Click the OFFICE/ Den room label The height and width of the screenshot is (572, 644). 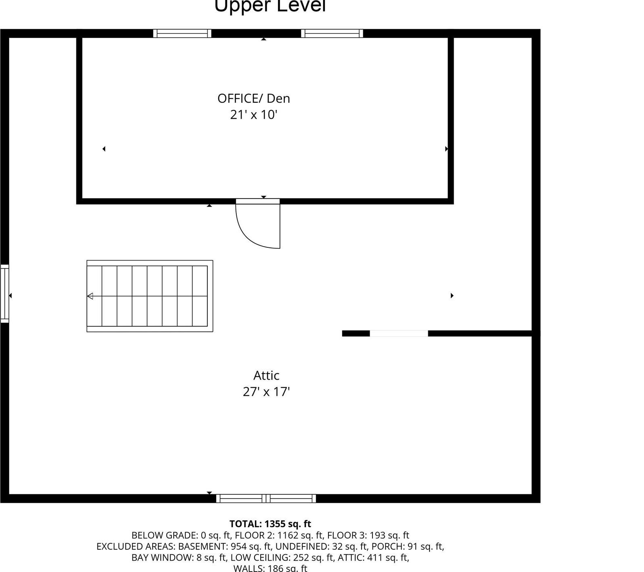click(x=254, y=99)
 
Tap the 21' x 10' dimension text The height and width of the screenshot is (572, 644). click(x=254, y=115)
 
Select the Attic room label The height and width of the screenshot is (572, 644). click(x=266, y=376)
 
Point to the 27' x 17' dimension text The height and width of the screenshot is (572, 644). click(x=266, y=392)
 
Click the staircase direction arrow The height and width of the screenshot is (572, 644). click(x=90, y=296)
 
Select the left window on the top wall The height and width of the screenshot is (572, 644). click(x=182, y=34)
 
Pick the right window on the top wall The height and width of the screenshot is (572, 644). click(x=332, y=34)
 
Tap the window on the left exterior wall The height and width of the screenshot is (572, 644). click(x=4, y=293)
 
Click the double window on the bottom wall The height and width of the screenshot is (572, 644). click(x=266, y=498)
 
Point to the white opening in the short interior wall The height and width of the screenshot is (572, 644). click(x=399, y=333)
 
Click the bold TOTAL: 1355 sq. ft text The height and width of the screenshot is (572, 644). click(x=270, y=524)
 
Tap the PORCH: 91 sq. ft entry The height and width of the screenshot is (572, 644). click(x=408, y=547)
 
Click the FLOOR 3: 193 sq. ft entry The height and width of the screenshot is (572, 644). click(x=368, y=536)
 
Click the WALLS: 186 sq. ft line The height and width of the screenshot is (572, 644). click(x=270, y=568)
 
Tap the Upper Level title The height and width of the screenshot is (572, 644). click(x=270, y=6)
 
